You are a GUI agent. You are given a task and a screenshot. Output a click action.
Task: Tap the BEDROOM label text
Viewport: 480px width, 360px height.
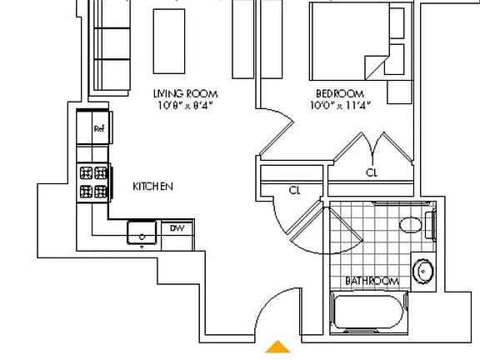click(x=339, y=93)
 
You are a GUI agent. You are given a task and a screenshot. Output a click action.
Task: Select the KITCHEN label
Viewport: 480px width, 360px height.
click(x=153, y=187)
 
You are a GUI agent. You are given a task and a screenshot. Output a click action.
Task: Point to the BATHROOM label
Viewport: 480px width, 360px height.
click(x=372, y=282)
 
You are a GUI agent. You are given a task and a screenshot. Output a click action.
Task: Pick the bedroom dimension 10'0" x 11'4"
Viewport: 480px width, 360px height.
click(x=339, y=105)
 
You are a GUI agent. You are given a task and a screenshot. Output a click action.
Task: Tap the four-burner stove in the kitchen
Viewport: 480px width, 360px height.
click(x=94, y=182)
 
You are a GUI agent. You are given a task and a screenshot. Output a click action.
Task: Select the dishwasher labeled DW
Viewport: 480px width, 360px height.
click(x=177, y=228)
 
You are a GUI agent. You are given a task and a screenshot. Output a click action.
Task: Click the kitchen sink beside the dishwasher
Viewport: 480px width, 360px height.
click(x=142, y=232)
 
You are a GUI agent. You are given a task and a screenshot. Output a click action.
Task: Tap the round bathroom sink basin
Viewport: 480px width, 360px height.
click(x=424, y=270)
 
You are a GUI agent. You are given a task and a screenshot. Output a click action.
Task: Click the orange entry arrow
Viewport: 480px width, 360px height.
click(x=278, y=347)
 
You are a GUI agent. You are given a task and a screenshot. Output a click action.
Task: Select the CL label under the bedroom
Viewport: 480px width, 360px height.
click(x=372, y=173)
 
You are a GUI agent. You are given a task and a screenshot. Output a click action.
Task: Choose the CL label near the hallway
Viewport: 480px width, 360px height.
click(x=294, y=191)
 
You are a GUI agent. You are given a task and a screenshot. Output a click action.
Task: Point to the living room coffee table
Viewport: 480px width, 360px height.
click(x=169, y=40)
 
